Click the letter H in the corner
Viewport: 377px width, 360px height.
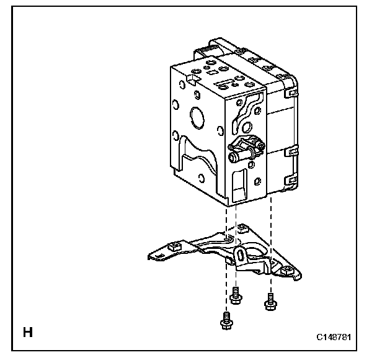point(28,332)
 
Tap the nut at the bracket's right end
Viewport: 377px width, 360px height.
point(288,269)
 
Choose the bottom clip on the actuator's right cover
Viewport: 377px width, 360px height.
point(289,180)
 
